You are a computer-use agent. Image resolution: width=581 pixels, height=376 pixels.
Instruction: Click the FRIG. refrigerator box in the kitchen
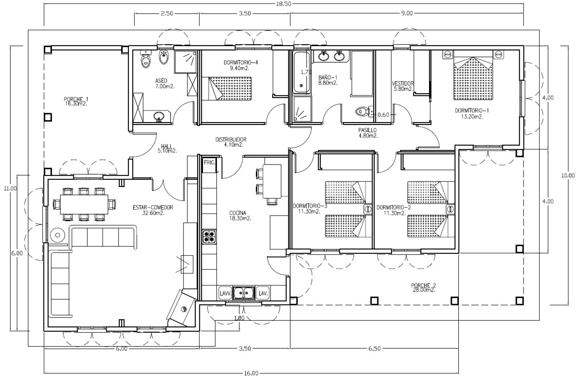[x=209, y=165]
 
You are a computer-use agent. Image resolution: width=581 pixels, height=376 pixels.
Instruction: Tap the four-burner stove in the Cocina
[x=209, y=236]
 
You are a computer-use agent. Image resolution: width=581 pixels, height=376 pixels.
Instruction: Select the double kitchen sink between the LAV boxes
[x=244, y=293]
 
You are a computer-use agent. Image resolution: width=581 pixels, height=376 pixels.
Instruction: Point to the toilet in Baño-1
[x=363, y=112]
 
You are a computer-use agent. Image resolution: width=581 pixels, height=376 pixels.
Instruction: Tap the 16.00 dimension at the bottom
[x=251, y=373]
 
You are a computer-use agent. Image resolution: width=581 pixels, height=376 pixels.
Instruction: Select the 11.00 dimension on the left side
[x=10, y=189]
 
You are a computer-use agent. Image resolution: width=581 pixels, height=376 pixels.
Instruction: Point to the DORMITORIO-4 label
[x=241, y=62]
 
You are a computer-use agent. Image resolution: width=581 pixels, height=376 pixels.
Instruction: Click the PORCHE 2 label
[x=423, y=286]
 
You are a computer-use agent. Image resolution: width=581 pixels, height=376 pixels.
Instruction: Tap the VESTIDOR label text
[x=403, y=84]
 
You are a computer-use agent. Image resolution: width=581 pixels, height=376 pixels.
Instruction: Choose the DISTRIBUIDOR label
[x=231, y=140]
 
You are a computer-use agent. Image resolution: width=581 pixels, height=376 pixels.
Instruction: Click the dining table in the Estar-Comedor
[x=84, y=205]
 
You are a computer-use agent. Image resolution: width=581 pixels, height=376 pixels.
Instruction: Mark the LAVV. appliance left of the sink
[x=225, y=293]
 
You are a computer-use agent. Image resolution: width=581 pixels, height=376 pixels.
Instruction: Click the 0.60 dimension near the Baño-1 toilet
[x=383, y=115]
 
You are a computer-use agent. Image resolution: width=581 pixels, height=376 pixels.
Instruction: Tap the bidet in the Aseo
[x=164, y=57]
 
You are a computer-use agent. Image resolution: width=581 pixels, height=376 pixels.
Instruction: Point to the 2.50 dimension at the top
[x=167, y=14]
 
